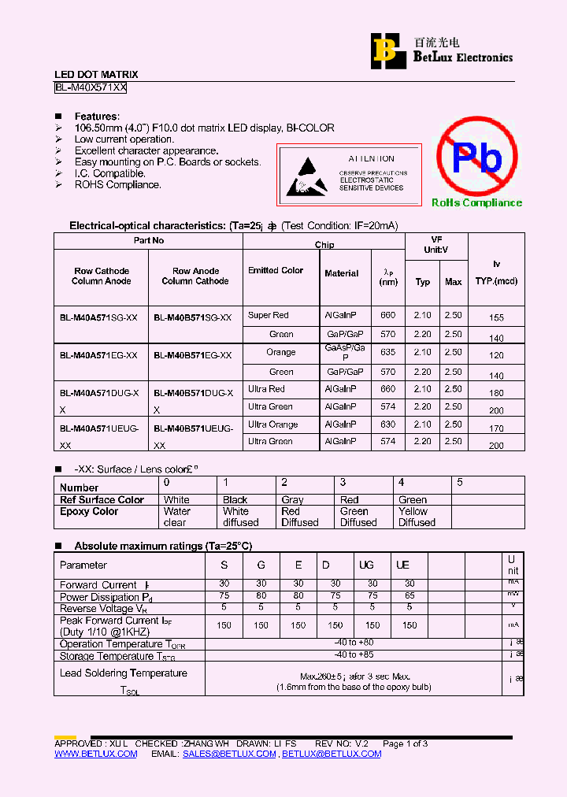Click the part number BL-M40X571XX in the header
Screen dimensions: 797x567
click(x=91, y=88)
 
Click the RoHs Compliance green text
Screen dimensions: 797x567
click(x=476, y=203)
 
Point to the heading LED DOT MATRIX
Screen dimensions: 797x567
click(x=95, y=75)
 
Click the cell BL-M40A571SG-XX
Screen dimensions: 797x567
click(x=98, y=317)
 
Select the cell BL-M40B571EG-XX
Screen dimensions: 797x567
click(x=192, y=355)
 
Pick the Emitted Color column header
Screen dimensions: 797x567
click(x=276, y=270)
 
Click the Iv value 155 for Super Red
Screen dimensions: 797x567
click(x=495, y=317)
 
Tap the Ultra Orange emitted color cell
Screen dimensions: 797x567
click(x=272, y=424)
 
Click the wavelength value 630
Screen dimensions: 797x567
click(x=387, y=424)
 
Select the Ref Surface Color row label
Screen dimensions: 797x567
click(x=102, y=499)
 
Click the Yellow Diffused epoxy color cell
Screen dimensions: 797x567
click(x=417, y=517)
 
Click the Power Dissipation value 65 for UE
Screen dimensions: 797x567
click(x=409, y=596)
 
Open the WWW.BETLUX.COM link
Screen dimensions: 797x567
click(x=95, y=754)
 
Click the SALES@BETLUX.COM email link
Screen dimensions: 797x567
click(x=229, y=754)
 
